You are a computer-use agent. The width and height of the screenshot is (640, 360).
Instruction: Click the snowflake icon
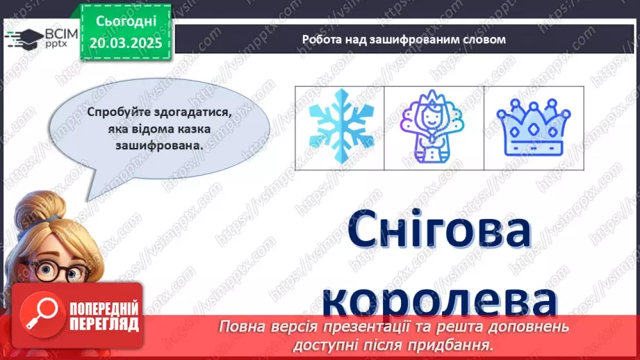(340, 127)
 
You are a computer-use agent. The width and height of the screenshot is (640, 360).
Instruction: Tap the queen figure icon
(434, 127)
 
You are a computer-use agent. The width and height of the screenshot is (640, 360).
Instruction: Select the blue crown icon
(534, 127)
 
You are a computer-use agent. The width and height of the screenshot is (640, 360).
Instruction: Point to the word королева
(441, 304)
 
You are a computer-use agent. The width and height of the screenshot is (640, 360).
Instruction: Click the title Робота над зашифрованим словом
(404, 39)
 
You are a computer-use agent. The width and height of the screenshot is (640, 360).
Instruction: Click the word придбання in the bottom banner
(464, 343)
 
